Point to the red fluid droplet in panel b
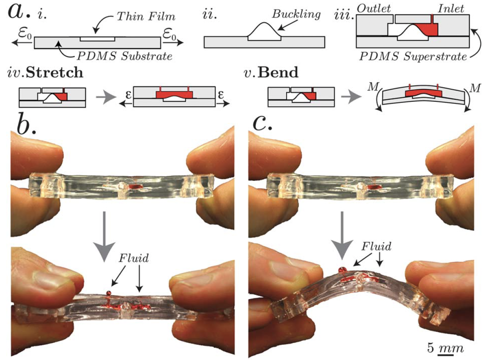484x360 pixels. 109,293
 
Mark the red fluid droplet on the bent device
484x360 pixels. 341,270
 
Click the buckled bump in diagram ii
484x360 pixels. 264,31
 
